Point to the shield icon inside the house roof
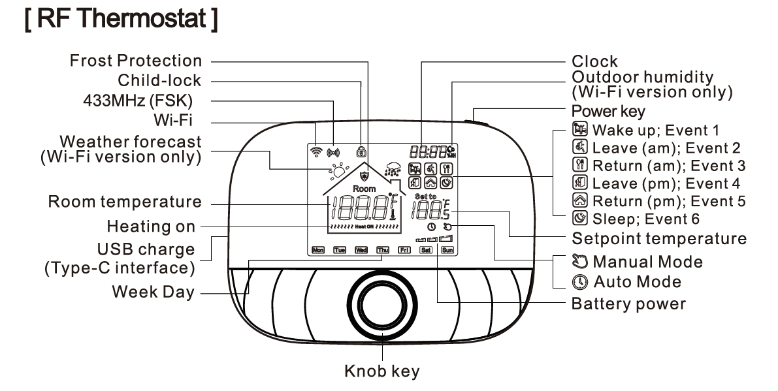coord(365,176)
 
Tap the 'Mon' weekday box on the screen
coord(318,249)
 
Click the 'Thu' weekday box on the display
coord(382,249)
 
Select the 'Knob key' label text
coord(382,372)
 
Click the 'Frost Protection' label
coord(136,61)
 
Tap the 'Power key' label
coord(608,110)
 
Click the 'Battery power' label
coord(628,304)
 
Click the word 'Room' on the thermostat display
coord(365,189)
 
